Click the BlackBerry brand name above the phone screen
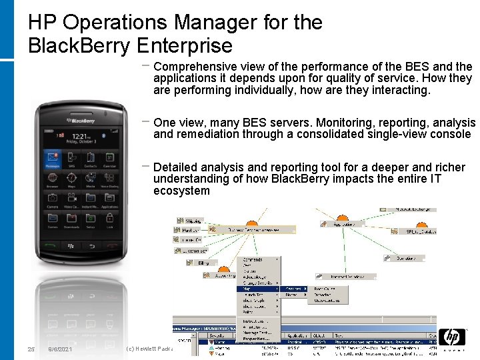(x=81, y=121)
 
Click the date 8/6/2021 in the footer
(x=61, y=349)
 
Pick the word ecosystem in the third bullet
(x=181, y=191)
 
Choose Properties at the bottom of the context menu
(x=257, y=339)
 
